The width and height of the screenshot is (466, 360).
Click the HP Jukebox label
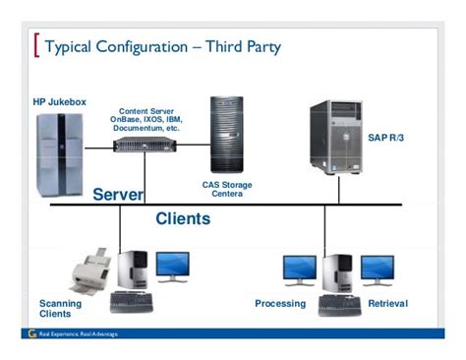[60, 102]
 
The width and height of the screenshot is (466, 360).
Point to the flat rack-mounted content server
[145, 144]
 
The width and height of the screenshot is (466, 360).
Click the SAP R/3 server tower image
[335, 137]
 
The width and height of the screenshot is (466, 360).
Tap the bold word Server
[118, 195]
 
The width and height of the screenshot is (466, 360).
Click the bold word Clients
[183, 219]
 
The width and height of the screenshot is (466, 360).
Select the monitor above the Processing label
[300, 269]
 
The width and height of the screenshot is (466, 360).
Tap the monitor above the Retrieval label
[377, 269]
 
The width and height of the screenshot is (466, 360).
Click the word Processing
[280, 304]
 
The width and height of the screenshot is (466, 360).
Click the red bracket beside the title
[37, 45]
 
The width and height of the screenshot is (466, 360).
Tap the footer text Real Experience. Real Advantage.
[78, 334]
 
